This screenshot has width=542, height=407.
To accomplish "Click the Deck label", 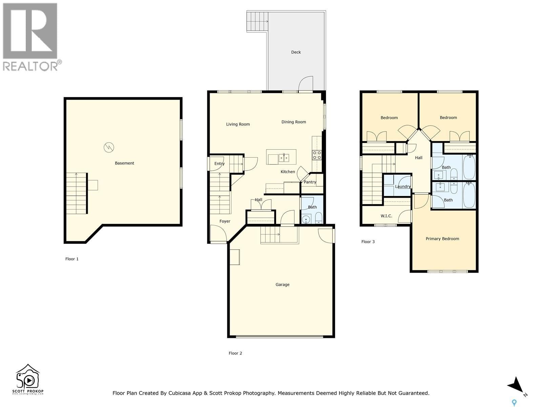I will [x=296, y=52].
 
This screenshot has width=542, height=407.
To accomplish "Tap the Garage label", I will [x=282, y=285].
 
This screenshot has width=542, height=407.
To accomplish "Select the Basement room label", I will [x=124, y=163].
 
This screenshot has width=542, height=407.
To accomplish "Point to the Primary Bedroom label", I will [x=442, y=239].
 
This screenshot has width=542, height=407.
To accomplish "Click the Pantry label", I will [x=310, y=182].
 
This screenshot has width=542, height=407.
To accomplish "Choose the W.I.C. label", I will [x=386, y=216].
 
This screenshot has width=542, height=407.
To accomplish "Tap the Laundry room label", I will [x=402, y=187].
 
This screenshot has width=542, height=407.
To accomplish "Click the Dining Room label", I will [x=293, y=122].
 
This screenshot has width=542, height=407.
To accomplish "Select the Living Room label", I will [x=238, y=124].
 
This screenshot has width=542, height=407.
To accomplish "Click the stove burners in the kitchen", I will [x=317, y=155].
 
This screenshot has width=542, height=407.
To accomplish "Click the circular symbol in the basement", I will [x=109, y=147].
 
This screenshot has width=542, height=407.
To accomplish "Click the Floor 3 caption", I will [x=368, y=242].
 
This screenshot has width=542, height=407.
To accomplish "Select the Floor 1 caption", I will [x=72, y=259].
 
